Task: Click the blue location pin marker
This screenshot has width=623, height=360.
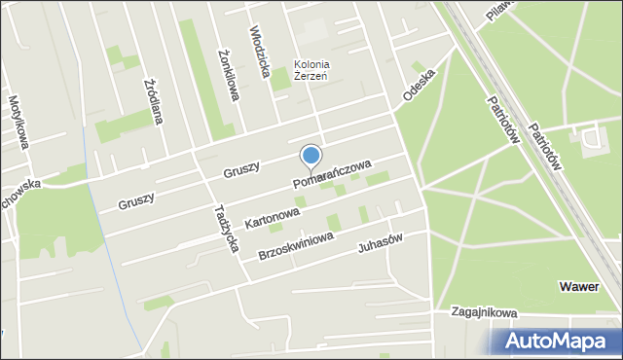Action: (x=311, y=157)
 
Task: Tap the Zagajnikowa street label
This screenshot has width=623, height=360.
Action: (x=484, y=313)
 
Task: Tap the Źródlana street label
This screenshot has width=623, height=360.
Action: (x=154, y=102)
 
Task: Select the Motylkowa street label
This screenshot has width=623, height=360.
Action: (x=18, y=122)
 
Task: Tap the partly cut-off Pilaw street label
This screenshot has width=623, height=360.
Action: (x=502, y=9)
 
